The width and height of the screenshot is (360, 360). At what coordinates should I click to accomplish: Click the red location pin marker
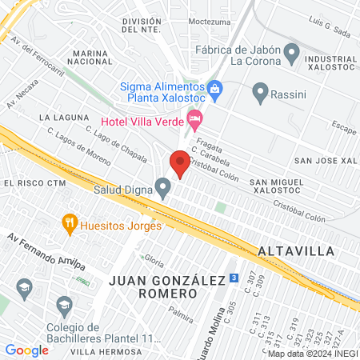(180, 164)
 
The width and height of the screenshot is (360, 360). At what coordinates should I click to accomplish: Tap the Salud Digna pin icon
(163, 189)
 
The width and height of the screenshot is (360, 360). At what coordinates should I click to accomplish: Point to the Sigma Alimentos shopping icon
(214, 87)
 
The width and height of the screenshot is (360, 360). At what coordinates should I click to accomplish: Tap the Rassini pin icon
(260, 94)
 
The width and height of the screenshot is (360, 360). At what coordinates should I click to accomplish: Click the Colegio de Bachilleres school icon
(64, 304)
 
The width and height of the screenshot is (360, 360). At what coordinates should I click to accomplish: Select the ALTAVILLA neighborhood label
(296, 250)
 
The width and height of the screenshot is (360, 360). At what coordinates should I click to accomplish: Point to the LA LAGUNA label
(63, 118)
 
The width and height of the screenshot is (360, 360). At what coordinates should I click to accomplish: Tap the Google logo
(26, 350)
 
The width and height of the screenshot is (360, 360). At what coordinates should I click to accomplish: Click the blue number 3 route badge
(233, 278)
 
